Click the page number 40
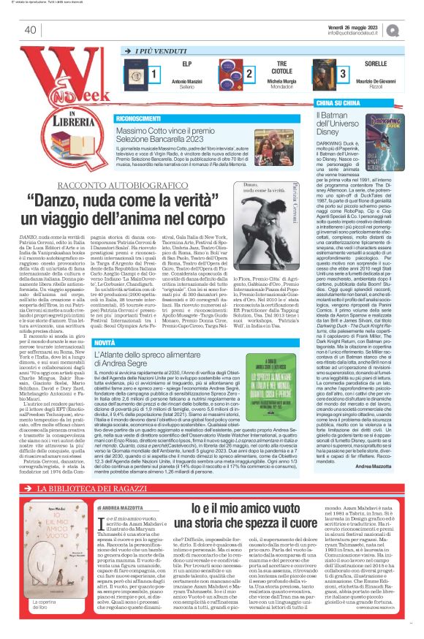click(x=30, y=30)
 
